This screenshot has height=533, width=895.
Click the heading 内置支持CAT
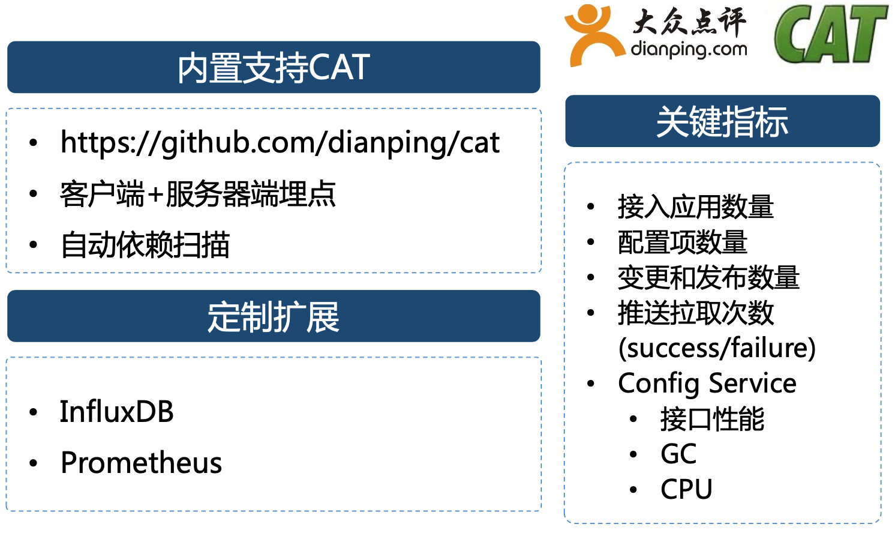[274, 68]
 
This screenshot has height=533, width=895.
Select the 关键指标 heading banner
[722, 121]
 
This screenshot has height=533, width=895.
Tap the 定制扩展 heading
[274, 317]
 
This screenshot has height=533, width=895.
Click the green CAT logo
[830, 34]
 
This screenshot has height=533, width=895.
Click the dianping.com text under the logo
[689, 50]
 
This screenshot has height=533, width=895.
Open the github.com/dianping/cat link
[280, 143]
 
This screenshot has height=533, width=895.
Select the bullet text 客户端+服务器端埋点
[198, 194]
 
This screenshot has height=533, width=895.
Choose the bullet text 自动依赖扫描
[145, 244]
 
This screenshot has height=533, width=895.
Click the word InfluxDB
[116, 411]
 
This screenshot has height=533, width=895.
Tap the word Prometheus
[141, 462]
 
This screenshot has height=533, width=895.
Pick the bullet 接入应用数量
[696, 206]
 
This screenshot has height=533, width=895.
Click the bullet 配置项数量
[683, 242]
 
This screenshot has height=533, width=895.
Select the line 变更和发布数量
[708, 277]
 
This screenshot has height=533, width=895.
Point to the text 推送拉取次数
[696, 312]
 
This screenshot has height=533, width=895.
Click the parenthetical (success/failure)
[717, 348]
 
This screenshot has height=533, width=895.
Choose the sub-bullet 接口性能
[713, 418]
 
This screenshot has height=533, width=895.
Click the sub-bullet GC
[678, 454]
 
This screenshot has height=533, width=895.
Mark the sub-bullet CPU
[686, 489]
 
